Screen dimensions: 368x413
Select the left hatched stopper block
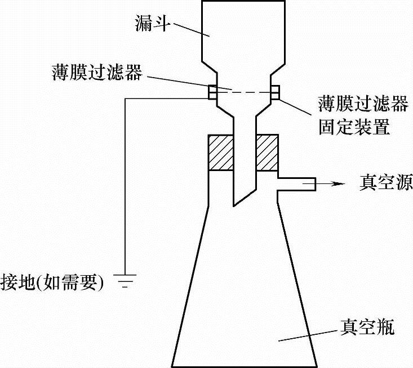click(x=220, y=152)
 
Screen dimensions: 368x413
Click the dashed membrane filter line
click(x=244, y=92)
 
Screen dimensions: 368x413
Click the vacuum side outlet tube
click(x=296, y=182)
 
